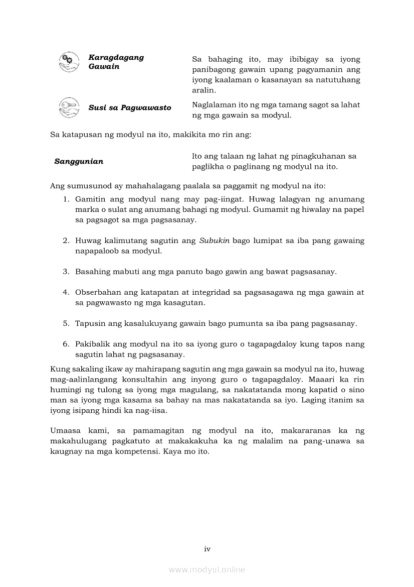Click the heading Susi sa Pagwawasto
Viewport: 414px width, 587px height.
click(x=130, y=108)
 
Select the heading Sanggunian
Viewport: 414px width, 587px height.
click(x=79, y=162)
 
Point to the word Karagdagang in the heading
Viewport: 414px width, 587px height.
click(x=116, y=57)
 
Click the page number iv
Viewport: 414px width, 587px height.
click(x=207, y=549)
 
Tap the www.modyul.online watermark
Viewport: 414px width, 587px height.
click(x=207, y=569)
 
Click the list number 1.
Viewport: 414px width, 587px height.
click(x=66, y=199)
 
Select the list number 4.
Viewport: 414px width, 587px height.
click(x=66, y=292)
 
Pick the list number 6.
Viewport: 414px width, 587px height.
click(x=66, y=344)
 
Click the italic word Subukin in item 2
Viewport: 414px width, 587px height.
click(x=214, y=241)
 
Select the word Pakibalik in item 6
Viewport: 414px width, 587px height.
click(x=92, y=344)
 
